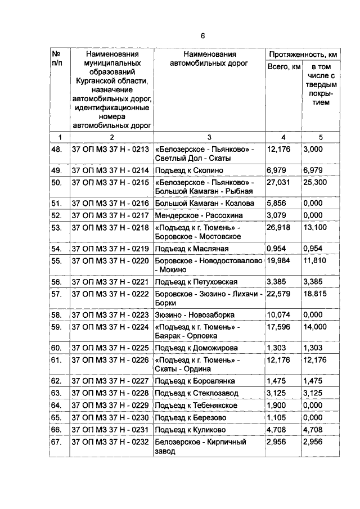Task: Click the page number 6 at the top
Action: [203, 35]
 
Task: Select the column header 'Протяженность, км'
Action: [303, 55]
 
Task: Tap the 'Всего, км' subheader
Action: [283, 68]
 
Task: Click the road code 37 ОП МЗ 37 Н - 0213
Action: [110, 150]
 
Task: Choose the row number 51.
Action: [56, 203]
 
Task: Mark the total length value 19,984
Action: [280, 261]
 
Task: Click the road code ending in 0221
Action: [110, 282]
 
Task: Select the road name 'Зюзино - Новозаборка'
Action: [194, 315]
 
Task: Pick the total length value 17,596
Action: [280, 327]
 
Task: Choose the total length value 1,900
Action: [277, 406]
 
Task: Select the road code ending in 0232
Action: [110, 443]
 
